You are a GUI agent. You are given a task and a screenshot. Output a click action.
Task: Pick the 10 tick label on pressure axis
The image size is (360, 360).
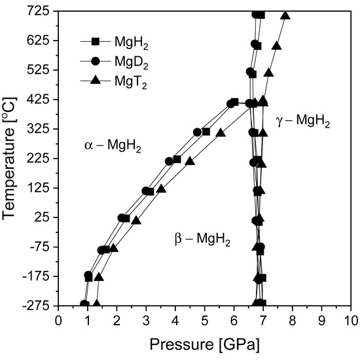(x=350, y=321)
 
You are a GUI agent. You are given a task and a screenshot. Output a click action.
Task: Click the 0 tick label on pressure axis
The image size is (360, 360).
(x=58, y=321)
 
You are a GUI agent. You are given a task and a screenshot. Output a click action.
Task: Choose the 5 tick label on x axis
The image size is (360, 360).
(x=204, y=321)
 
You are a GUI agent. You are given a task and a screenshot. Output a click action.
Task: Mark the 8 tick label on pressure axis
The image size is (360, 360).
(x=292, y=321)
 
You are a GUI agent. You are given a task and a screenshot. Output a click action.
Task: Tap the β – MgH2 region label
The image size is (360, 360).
(x=202, y=240)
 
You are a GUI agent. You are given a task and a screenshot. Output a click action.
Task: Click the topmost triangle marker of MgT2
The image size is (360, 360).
(x=285, y=15)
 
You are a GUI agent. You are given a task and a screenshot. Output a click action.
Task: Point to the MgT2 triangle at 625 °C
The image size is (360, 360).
(x=276, y=46)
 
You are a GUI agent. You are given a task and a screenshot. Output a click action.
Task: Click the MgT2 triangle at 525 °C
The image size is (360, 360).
(x=268, y=73)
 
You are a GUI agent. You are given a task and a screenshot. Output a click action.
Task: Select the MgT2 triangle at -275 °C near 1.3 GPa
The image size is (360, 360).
(x=96, y=304)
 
